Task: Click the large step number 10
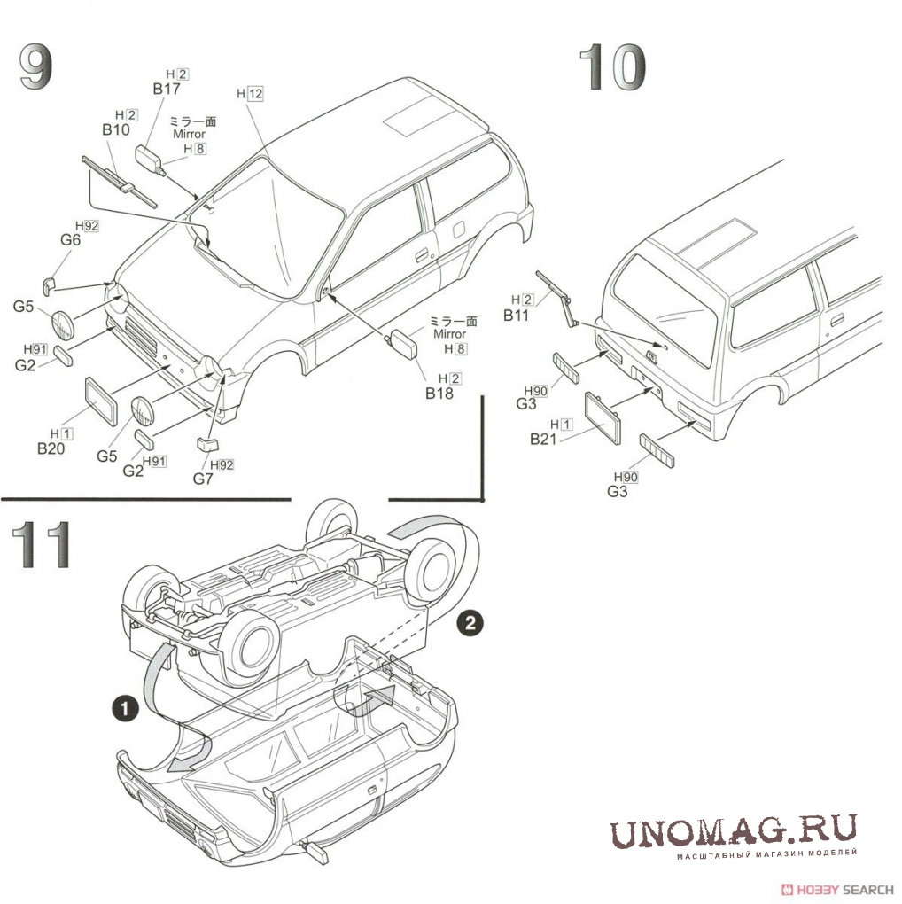(x=612, y=69)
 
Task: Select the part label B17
(x=166, y=89)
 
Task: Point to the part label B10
(x=116, y=129)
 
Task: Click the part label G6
(x=71, y=239)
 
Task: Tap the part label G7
(x=204, y=479)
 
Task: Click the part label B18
(x=439, y=393)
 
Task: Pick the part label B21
(x=543, y=438)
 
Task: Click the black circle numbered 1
(x=125, y=708)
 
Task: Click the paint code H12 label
(x=250, y=94)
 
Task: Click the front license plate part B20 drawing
(x=102, y=400)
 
